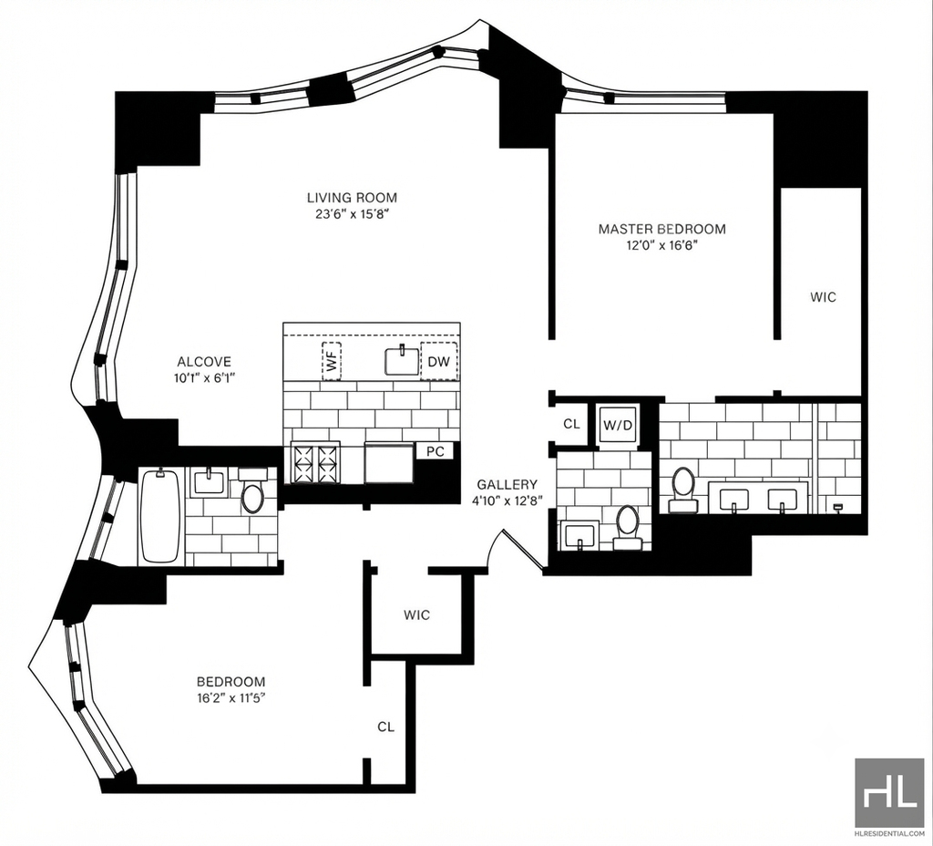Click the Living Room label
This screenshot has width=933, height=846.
pos(352,198)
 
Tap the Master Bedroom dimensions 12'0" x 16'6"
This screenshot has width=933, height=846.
pos(661,244)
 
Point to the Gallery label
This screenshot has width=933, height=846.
pos(507,485)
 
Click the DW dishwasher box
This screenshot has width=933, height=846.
pos(439,361)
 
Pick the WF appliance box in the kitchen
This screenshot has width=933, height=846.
pos(332,361)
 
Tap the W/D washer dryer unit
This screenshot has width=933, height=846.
pos(617,425)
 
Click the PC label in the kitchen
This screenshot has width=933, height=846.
pos(435,451)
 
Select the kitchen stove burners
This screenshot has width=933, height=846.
pos(314,462)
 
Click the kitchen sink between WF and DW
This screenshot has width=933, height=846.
pos(403,361)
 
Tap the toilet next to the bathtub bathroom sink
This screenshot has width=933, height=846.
pos(253,490)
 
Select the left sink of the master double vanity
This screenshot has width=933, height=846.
pos(734,500)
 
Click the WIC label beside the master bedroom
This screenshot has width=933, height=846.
pos(823,296)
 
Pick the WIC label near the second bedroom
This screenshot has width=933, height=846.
pos(416,615)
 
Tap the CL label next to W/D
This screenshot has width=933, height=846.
pos(571,424)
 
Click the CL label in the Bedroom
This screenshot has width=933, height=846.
pos(385,727)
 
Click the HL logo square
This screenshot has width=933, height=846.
pos(889,792)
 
